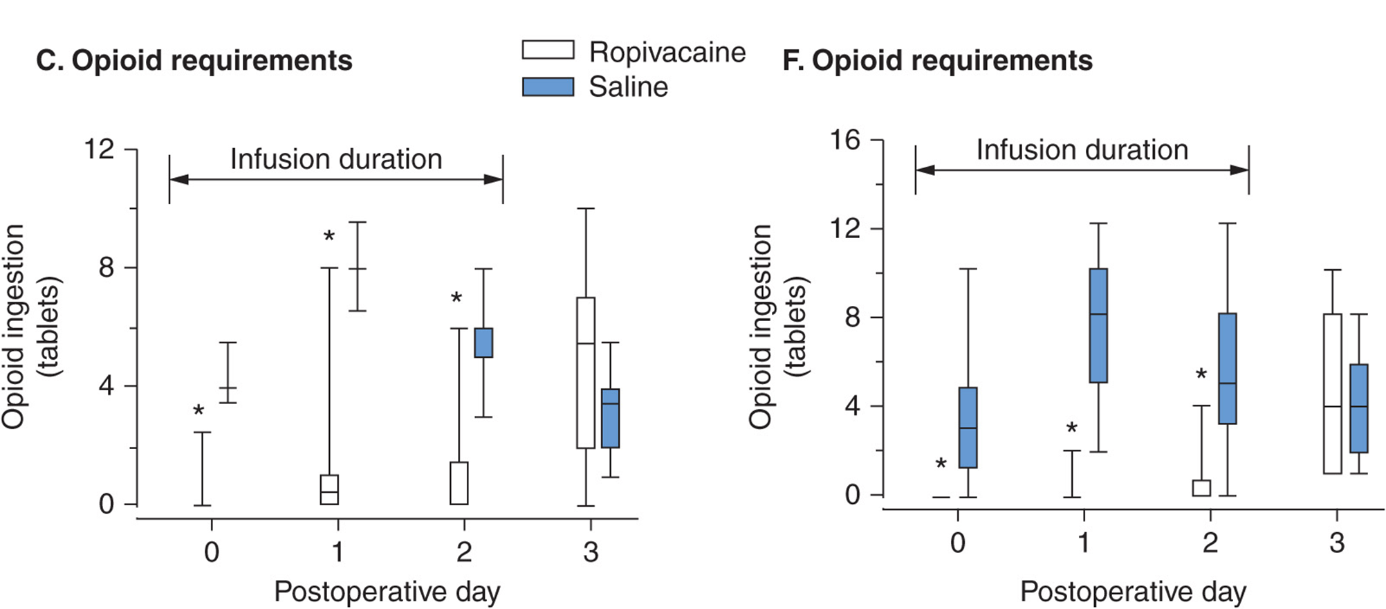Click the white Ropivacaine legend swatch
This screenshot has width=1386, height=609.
[548, 50]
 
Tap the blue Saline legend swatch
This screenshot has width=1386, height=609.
[548, 87]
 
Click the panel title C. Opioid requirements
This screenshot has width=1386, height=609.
[194, 61]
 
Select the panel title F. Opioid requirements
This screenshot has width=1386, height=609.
[937, 61]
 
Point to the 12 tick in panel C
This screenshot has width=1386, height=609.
[99, 149]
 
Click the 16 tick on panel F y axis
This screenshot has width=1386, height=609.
[844, 140]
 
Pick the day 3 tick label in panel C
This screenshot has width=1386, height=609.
[590, 552]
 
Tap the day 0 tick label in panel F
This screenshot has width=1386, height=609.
[958, 543]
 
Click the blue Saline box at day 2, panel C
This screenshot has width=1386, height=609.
[483, 343]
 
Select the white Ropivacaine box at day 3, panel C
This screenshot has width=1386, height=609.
[586, 373]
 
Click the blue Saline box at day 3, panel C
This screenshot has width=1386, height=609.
[610, 418]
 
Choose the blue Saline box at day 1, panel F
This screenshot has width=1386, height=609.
[1098, 325]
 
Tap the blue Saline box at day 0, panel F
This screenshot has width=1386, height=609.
[968, 428]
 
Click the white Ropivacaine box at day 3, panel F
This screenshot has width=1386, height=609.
[1332, 393]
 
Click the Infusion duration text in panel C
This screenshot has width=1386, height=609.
[336, 159]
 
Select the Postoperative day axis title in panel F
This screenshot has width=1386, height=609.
[1133, 592]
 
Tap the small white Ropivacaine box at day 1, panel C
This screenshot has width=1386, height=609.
[329, 489]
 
